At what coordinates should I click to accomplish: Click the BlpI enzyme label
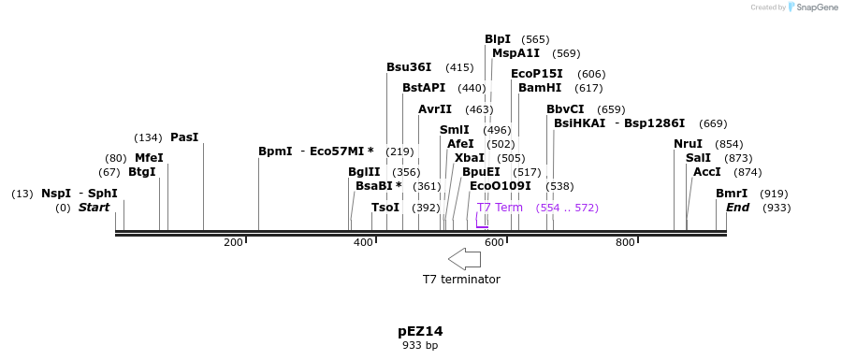(497, 39)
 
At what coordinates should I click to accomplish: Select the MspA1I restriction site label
(515, 53)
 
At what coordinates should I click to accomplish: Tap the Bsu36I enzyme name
(409, 67)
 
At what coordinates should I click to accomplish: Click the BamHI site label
(540, 88)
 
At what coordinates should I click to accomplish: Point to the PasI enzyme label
(184, 137)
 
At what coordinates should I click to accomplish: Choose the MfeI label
(149, 158)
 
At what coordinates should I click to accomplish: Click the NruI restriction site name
(688, 144)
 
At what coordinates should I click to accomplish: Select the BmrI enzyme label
(732, 194)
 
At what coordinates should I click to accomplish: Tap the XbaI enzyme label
(470, 158)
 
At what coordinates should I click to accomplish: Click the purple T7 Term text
(500, 208)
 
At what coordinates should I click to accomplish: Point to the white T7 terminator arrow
(464, 258)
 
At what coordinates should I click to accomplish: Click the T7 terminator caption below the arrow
(461, 280)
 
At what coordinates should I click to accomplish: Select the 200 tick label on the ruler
(233, 243)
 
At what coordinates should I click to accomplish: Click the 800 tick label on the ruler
(625, 243)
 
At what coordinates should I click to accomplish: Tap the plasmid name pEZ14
(420, 331)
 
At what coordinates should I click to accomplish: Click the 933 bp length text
(420, 346)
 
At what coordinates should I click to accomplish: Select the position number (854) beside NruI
(729, 144)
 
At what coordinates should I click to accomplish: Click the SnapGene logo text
(813, 7)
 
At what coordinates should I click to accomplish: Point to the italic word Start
(94, 208)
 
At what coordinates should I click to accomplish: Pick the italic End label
(737, 208)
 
